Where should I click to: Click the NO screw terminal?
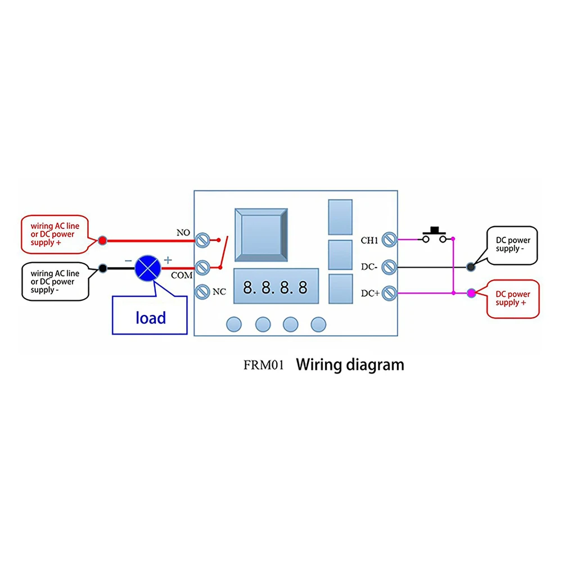202,241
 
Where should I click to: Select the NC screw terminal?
202,292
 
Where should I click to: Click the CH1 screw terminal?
388,240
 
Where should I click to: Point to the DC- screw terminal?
388,267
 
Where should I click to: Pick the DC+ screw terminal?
388,292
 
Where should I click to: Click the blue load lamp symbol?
147,268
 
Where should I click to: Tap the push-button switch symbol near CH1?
435,236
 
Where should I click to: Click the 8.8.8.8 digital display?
275,288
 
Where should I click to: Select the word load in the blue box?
151,318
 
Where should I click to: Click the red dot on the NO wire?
102,241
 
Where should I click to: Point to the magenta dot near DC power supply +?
471,292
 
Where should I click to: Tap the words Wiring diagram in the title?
350,364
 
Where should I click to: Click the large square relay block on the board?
263,235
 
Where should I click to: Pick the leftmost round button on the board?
234,324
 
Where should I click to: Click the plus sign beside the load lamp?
167,260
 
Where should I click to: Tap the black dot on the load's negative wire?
102,269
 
